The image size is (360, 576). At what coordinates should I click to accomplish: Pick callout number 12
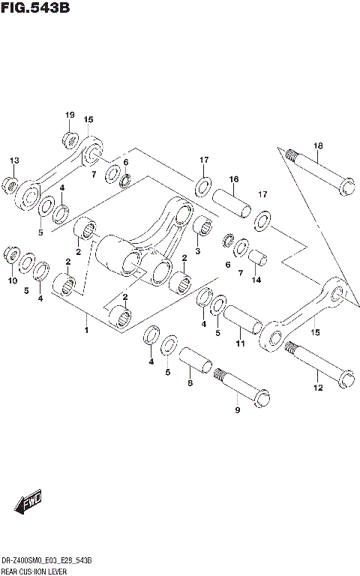pos(317,388)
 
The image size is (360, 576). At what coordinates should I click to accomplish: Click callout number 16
pos(234,179)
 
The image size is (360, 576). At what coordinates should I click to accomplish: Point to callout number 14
pos(256,280)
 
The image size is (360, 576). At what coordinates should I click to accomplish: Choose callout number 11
pos(240,343)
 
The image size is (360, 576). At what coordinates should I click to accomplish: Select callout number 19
pos(69,115)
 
